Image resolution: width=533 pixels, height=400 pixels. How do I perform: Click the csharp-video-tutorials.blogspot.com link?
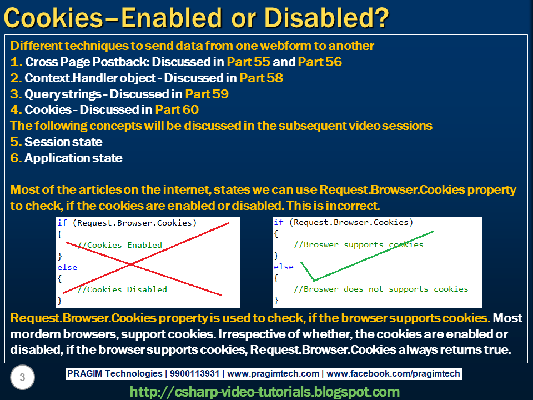(265, 392)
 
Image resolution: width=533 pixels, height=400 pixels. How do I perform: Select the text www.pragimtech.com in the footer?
(273, 374)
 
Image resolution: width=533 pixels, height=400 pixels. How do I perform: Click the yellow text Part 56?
(320, 62)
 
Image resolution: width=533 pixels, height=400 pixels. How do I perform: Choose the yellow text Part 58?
(261, 78)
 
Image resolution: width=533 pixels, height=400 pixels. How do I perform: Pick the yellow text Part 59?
(207, 94)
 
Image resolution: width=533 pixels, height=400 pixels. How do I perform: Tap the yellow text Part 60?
(177, 110)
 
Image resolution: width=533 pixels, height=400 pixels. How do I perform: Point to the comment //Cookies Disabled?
(122, 289)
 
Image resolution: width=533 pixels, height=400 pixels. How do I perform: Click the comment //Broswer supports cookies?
(358, 244)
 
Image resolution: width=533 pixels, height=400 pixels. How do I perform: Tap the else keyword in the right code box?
(284, 267)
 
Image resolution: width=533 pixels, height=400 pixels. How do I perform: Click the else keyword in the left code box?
(67, 267)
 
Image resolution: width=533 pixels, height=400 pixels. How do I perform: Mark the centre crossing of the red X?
(131, 264)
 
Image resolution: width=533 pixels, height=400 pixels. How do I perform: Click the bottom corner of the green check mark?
(314, 281)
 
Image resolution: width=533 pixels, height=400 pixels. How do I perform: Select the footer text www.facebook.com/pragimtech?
(393, 374)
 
